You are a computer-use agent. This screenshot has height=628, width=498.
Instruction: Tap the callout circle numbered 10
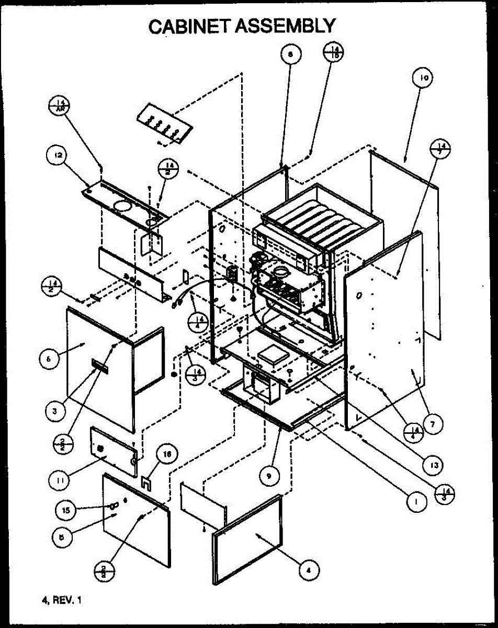[423, 78]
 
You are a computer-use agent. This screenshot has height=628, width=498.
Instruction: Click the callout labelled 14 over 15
[333, 53]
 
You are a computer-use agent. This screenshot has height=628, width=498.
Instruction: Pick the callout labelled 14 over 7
[443, 149]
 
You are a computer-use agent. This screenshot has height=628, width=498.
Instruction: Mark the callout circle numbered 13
[433, 464]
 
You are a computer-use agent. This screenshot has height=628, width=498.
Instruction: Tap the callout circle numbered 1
[417, 501]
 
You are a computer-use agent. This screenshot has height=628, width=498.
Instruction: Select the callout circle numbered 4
[309, 569]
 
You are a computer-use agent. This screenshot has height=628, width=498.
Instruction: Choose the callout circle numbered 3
[54, 411]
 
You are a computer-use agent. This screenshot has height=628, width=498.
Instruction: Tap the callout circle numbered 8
[290, 53]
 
